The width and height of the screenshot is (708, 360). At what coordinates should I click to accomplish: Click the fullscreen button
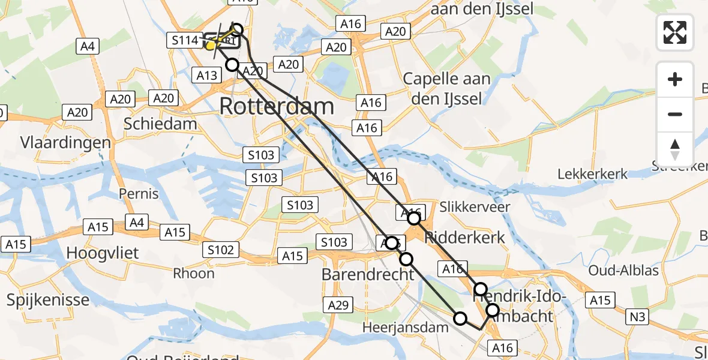coord(675,32)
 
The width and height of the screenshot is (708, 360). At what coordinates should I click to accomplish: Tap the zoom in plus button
coord(675,80)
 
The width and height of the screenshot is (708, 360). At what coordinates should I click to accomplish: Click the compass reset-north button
coord(675,149)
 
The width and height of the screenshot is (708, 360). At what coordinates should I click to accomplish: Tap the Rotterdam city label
coord(277,107)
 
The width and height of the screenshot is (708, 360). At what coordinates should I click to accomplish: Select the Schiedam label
coord(160,124)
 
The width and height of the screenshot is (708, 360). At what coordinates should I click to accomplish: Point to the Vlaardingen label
coord(65,143)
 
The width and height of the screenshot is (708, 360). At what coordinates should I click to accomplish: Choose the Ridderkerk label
coord(464,237)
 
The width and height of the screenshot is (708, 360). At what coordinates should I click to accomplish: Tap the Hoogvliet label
coord(103,253)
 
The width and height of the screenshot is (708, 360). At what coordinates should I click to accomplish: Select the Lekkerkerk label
coord(592,174)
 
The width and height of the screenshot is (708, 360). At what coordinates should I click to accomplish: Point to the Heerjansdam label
coord(405,328)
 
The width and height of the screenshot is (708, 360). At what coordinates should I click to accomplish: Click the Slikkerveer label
coord(475,207)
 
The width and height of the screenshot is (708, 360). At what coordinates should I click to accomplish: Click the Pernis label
coord(139,194)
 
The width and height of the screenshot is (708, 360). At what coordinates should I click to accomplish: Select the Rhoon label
coord(193,274)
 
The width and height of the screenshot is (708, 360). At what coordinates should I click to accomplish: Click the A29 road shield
coord(338,305)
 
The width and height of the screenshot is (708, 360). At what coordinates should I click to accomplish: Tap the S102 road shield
coord(221,250)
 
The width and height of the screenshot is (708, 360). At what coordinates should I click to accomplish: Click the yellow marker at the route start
coord(211,45)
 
